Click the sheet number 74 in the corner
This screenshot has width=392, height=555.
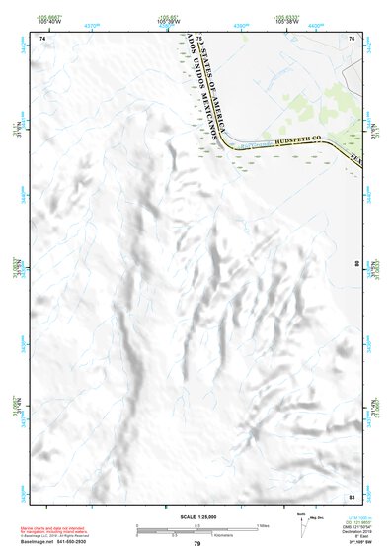41,38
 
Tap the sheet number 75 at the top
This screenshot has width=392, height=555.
197,38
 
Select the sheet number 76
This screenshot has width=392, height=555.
351,38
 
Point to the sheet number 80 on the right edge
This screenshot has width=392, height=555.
356,264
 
